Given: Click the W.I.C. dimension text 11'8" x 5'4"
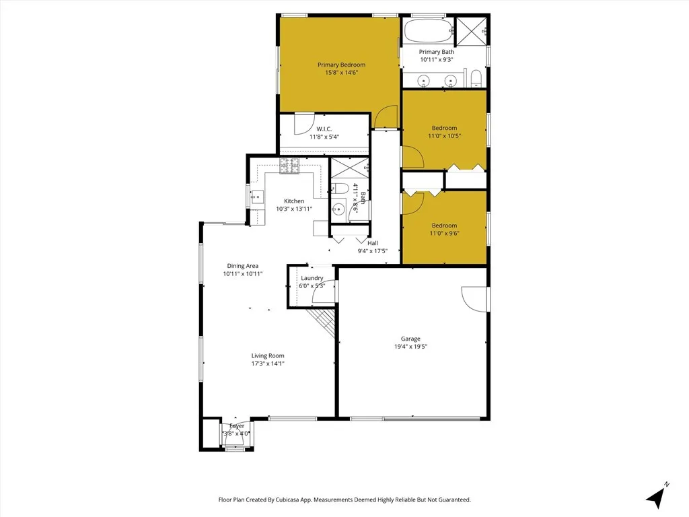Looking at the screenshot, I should [x=324, y=137].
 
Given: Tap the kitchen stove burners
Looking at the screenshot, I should [x=290, y=166].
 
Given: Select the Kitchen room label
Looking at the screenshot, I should [x=294, y=201].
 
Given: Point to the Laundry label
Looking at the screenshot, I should [x=312, y=278].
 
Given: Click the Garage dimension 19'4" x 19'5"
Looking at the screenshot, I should [x=410, y=347].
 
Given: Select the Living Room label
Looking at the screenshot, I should [x=268, y=355].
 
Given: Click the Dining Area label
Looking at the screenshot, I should [x=242, y=266].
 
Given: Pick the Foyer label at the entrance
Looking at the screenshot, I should [x=237, y=426].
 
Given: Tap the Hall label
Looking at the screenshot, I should [x=373, y=243].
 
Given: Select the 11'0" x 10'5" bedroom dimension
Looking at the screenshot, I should [x=444, y=136].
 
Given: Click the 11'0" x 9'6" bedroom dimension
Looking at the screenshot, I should [x=444, y=234].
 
